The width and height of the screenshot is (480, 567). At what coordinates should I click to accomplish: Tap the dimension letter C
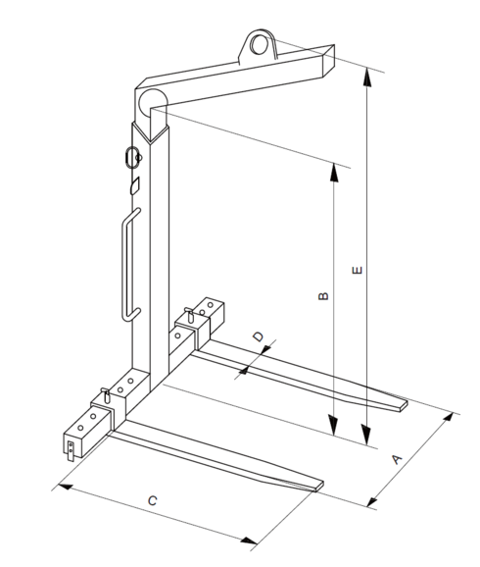pyautogui.click(x=151, y=501)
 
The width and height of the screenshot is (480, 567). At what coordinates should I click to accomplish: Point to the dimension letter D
pyautogui.click(x=258, y=337)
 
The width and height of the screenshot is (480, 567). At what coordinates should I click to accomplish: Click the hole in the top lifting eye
pyautogui.click(x=261, y=43)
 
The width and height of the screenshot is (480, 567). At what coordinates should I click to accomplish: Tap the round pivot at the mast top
pyautogui.click(x=152, y=100)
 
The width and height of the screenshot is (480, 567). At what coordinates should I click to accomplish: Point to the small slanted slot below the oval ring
pyautogui.click(x=135, y=183)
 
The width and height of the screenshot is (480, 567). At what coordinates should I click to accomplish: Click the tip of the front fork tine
pyautogui.click(x=319, y=484)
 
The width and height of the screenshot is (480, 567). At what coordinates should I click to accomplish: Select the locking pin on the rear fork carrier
pyautogui.click(x=186, y=316)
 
